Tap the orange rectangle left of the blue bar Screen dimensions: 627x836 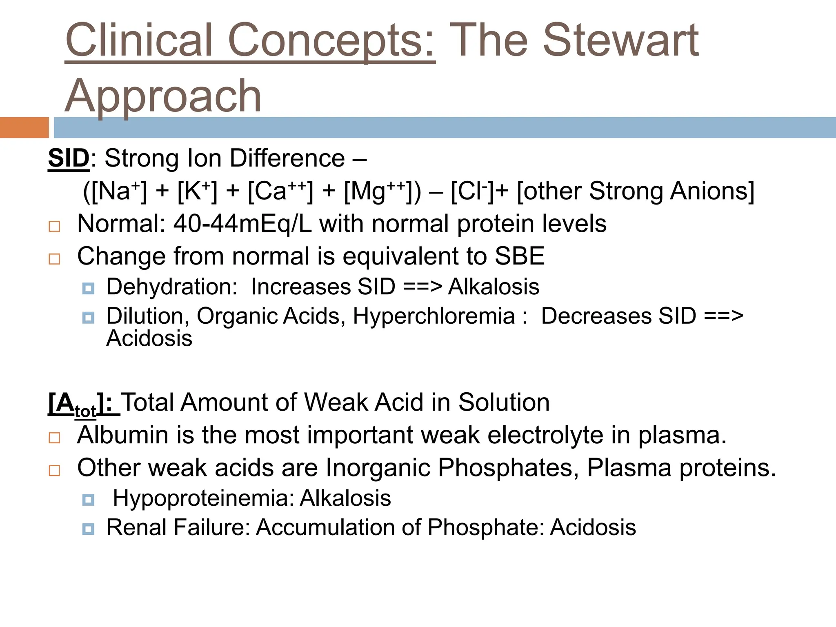[x=24, y=127]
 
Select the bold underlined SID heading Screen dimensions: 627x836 [x=69, y=158]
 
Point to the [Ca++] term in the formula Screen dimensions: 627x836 [x=280, y=191]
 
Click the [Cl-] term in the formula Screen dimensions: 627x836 [x=473, y=191]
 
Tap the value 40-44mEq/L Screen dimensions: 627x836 [x=242, y=224]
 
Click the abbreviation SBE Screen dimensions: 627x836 [x=519, y=256]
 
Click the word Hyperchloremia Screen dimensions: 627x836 [x=434, y=316]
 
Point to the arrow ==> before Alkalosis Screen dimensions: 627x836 [x=422, y=287]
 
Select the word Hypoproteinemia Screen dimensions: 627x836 [x=204, y=498]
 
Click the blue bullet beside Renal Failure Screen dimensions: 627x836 [x=88, y=529]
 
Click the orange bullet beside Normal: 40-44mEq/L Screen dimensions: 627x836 [x=54, y=226]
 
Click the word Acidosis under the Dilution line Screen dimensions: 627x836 [x=149, y=339]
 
